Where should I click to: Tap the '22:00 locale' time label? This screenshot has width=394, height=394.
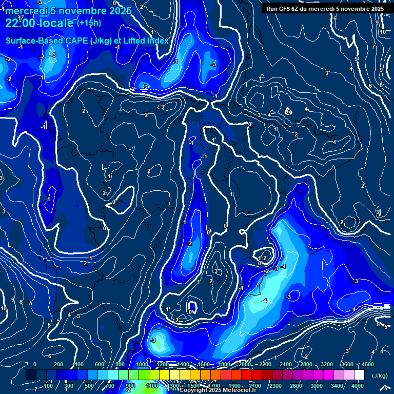[40, 23]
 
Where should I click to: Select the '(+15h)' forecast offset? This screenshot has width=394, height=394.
[90, 23]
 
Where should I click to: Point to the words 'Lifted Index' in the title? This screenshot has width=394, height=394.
[146, 41]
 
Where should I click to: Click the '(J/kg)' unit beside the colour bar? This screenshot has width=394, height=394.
[379, 376]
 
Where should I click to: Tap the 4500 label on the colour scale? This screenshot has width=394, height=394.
[368, 364]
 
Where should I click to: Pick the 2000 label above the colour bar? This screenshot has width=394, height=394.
[245, 364]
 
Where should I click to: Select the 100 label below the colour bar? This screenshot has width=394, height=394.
[48, 386]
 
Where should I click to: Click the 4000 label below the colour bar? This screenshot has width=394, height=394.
[358, 386]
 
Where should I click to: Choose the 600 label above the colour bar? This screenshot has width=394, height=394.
[100, 364]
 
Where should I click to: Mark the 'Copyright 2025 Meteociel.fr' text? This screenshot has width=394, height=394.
[218, 390]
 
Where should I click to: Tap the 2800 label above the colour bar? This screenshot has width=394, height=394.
[306, 364]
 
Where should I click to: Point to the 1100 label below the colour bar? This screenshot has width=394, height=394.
[152, 386]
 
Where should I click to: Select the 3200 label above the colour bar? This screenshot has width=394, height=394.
[327, 364]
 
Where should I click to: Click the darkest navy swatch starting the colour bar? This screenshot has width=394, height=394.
[31, 375]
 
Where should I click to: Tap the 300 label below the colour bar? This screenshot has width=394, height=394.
[69, 386]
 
